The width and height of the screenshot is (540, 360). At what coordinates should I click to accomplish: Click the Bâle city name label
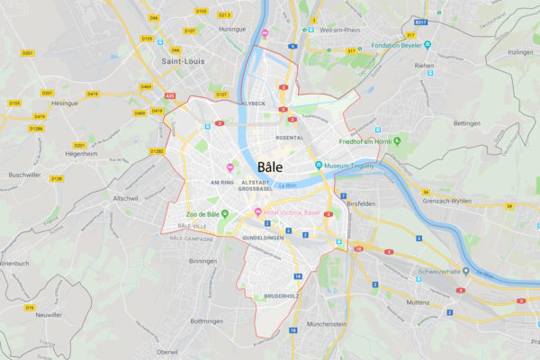click(269, 167)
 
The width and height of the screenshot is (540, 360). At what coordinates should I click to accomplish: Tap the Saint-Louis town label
click(183, 61)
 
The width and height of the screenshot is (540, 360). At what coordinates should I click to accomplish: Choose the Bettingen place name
click(467, 122)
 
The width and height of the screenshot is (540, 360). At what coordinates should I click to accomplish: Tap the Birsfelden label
click(364, 203)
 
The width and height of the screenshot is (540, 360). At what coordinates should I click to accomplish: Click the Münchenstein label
click(327, 323)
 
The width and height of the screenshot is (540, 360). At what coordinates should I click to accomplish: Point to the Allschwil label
click(126, 196)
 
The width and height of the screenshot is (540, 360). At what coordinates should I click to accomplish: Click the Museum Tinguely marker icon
click(319, 165)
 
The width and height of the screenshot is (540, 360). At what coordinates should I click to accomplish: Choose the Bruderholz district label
click(280, 296)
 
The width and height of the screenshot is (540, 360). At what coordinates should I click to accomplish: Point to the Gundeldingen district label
click(263, 237)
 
